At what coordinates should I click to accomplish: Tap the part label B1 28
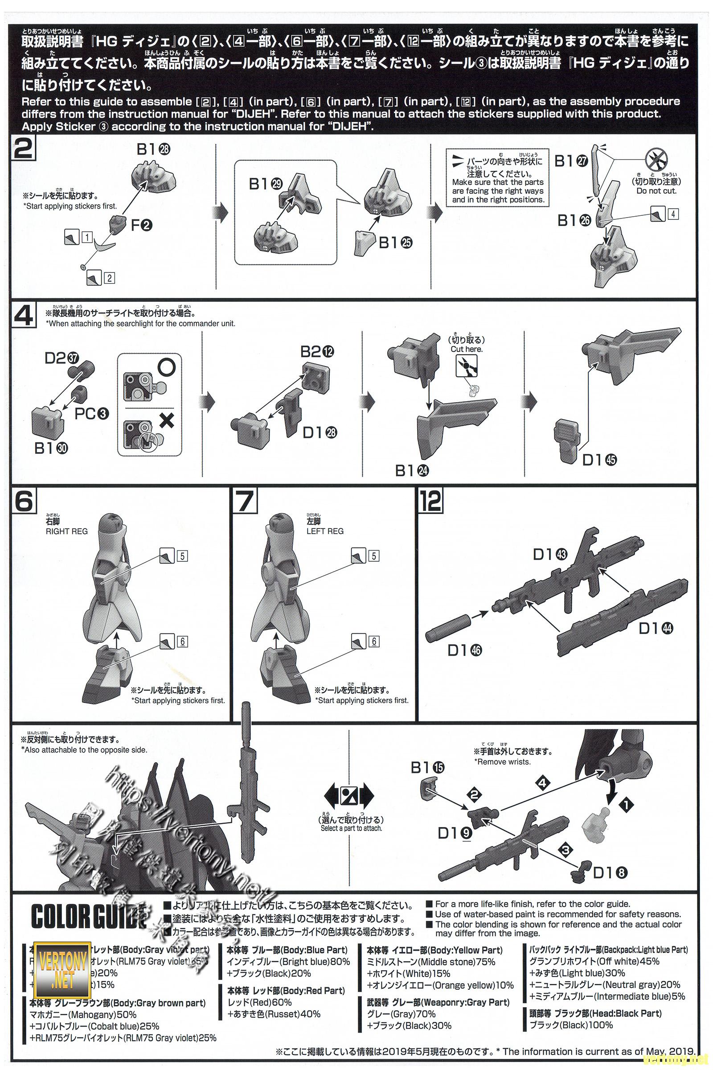(x=153, y=149)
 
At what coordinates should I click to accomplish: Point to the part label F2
(x=141, y=224)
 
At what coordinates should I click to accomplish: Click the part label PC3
(x=92, y=414)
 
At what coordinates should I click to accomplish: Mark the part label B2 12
(x=317, y=351)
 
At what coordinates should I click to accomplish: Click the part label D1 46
(x=464, y=650)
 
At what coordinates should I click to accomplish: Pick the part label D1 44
(x=656, y=628)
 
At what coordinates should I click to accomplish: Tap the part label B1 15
(x=428, y=767)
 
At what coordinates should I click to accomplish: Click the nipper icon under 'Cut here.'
(x=467, y=365)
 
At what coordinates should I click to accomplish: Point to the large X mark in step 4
(x=167, y=420)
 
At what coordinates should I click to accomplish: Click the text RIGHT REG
(x=66, y=531)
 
